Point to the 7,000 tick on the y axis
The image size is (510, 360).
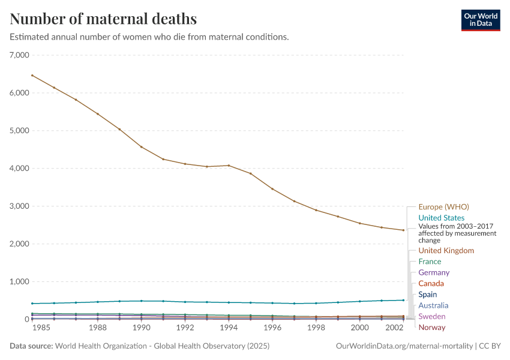[21, 55]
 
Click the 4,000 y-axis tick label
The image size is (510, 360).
[21, 169]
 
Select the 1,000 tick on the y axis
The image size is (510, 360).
[21, 282]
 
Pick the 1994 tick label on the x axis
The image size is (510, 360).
[229, 328]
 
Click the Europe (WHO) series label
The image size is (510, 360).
[443, 207]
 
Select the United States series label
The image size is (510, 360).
[441, 218]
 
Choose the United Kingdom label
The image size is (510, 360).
[446, 251]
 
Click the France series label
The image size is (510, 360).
[430, 262]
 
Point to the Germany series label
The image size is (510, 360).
[434, 272]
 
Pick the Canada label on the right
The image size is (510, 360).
[431, 283]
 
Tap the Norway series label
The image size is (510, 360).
[432, 327]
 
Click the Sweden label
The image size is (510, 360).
[432, 316]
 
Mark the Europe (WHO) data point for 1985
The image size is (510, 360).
[32, 76]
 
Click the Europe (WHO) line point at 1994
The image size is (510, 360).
[229, 166]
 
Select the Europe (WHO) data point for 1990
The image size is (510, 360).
[142, 147]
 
